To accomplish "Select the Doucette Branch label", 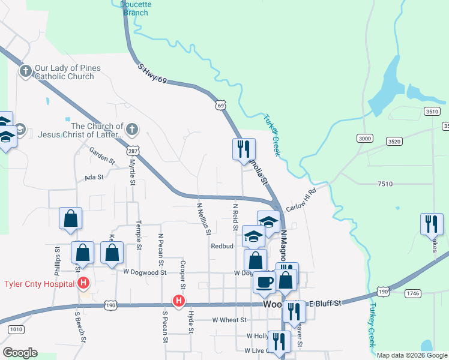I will click(136, 7).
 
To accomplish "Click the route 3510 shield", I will click(431, 111).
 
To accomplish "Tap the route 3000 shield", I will click(364, 139).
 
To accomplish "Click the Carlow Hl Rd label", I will click(301, 200).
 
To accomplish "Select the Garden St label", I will click(102, 157).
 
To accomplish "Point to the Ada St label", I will click(94, 177).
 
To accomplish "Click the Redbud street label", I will click(221, 246).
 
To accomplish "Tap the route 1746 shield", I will click(412, 293).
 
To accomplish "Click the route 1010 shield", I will click(16, 329).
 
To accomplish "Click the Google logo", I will click(20, 352).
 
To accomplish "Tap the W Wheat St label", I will click(230, 320).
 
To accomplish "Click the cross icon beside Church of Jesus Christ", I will click(133, 129).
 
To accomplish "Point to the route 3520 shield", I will click(394, 142).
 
